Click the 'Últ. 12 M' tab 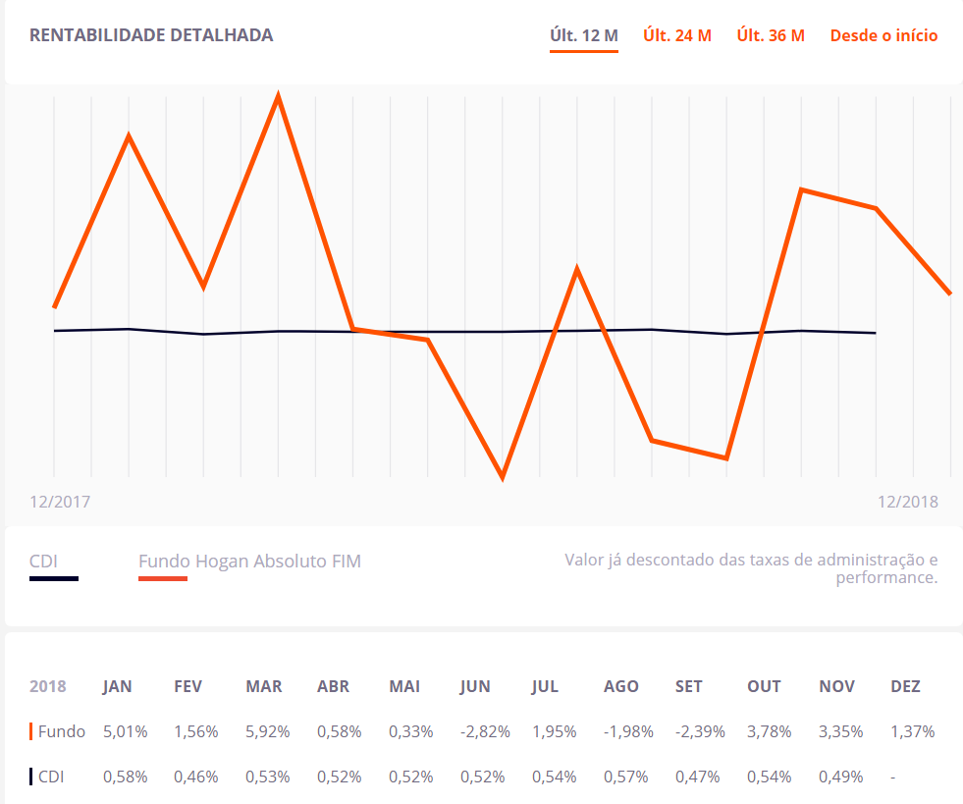(583, 36)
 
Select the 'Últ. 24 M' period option (676, 36)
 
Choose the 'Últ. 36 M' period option (771, 36)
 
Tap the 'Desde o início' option (883, 36)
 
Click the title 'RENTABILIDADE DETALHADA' (151, 35)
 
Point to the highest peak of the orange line (279, 97)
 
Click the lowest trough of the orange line (503, 477)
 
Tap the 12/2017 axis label (60, 502)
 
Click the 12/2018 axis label (907, 502)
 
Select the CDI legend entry (43, 562)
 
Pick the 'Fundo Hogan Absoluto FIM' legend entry (249, 562)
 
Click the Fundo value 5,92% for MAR (267, 731)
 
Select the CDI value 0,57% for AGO (625, 777)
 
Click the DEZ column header (905, 686)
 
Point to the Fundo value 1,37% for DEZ (912, 731)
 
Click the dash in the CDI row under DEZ (892, 777)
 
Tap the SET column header (688, 686)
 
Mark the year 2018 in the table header (48, 686)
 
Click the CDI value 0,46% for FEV (195, 777)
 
